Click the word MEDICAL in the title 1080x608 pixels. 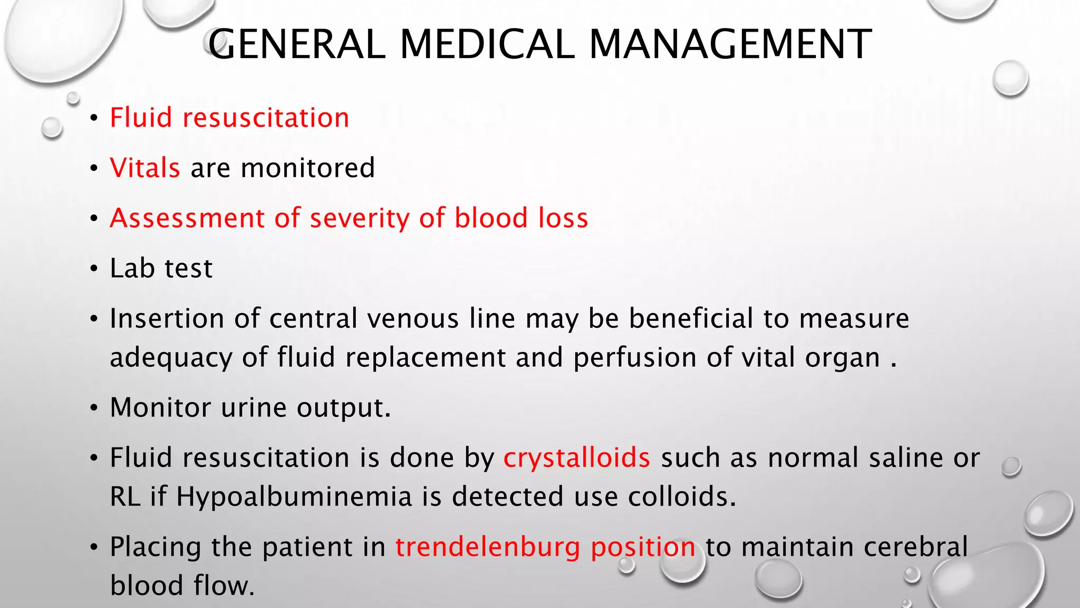pyautogui.click(x=487, y=44)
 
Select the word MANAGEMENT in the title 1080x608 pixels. pyautogui.click(x=730, y=44)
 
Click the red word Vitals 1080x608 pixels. pyautogui.click(x=145, y=168)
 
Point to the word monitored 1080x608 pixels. pyautogui.click(x=307, y=168)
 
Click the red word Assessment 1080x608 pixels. pyautogui.click(x=187, y=218)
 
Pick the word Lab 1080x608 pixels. pyautogui.click(x=132, y=268)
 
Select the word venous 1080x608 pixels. pyautogui.click(x=412, y=318)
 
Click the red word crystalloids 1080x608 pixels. pyautogui.click(x=577, y=458)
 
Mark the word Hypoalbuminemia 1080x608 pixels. pyautogui.click(x=294, y=497)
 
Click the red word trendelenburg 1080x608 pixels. pyautogui.click(x=488, y=547)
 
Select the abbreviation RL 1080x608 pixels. pyautogui.click(x=125, y=497)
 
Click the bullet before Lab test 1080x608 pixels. pyautogui.click(x=94, y=269)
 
